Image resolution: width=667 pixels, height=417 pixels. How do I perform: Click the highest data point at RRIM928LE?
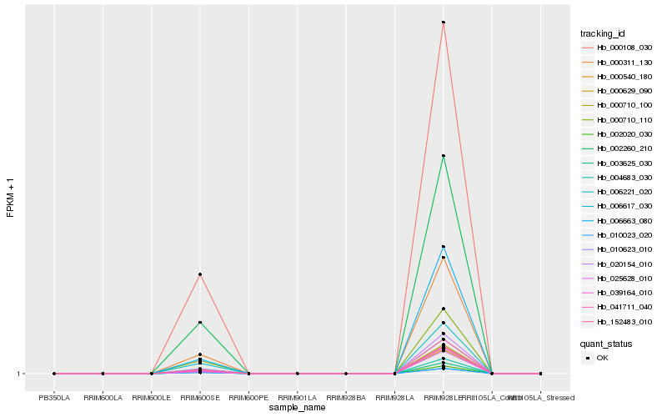pos(443,23)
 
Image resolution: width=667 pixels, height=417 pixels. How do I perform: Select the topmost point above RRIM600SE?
pos(200,274)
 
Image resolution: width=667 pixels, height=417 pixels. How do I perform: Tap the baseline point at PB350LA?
pos(54,374)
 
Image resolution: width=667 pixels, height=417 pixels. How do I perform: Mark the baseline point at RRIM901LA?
pos(298,374)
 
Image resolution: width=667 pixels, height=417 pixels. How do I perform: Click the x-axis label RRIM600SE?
pos(200,399)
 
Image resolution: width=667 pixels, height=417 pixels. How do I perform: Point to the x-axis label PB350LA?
pos(54,399)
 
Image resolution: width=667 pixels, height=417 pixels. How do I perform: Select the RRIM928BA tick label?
pos(346,399)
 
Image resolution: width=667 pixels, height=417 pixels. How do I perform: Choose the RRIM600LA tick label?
pos(103,399)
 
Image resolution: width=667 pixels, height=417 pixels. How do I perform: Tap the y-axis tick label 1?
pos(18,374)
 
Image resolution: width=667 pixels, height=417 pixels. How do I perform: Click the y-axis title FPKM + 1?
pos(10,197)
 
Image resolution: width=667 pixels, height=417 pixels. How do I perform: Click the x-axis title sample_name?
pos(298,408)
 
